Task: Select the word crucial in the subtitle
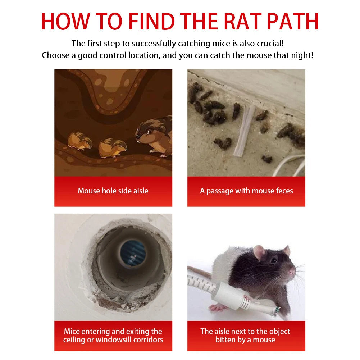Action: (267, 44)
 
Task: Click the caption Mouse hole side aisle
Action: (113, 191)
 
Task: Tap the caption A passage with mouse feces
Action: (246, 191)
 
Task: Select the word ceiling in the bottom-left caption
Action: (76, 340)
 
